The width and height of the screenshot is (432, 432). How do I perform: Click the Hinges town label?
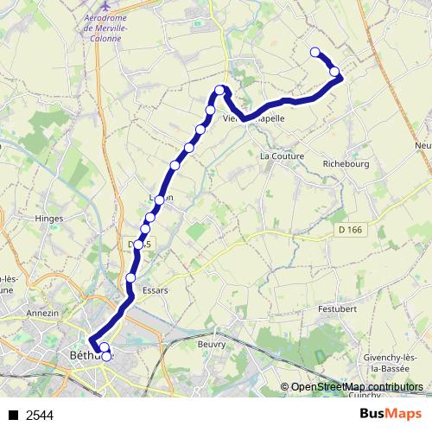(49, 219)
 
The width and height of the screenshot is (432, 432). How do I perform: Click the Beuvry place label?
(211, 344)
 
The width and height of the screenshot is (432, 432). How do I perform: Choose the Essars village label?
(155, 291)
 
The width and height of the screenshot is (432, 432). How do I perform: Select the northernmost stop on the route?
(315, 52)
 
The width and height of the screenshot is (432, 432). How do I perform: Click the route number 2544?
(40, 416)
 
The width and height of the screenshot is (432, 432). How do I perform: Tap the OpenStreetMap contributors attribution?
(356, 387)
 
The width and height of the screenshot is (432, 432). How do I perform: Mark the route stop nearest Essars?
(131, 277)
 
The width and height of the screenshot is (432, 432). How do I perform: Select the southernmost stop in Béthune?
(107, 355)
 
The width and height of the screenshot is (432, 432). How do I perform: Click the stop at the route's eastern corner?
(334, 72)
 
